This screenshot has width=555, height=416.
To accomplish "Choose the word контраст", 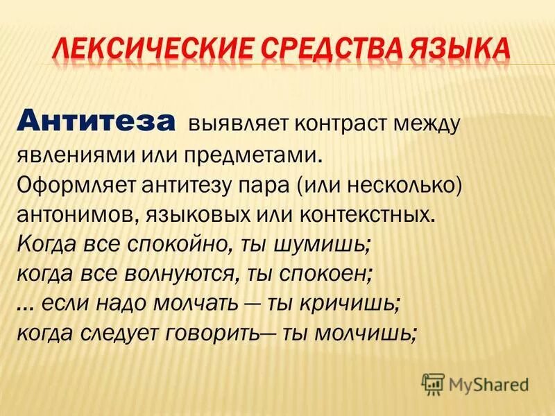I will [x=321, y=125].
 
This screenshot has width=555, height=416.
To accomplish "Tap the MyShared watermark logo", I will [x=475, y=383].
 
